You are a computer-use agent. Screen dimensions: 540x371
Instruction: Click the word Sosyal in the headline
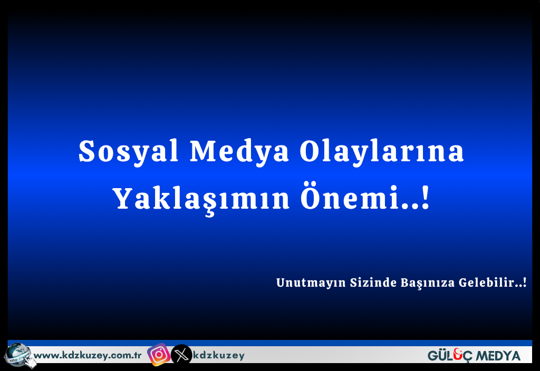pos(129,151)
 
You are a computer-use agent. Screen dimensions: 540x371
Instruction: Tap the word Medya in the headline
pos(239,151)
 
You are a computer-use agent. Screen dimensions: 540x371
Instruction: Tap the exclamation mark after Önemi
pos(426,197)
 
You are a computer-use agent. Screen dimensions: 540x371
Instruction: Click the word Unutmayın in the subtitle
pos(311,282)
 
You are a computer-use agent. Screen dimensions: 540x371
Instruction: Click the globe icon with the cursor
pos(20,356)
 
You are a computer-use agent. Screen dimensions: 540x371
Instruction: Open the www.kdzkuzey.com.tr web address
pos(88,356)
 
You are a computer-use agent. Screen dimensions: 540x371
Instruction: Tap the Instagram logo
pos(159,355)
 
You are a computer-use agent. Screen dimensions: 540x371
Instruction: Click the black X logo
pos(181,355)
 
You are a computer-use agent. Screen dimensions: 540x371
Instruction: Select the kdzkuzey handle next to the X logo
pos(219,356)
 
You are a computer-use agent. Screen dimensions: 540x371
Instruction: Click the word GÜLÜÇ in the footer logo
pos(449,356)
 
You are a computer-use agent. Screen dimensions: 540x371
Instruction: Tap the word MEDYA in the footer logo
pos(497,356)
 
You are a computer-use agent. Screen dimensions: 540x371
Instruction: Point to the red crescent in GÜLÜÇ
pos(458,351)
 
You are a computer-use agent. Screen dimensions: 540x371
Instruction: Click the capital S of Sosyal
pos(86,151)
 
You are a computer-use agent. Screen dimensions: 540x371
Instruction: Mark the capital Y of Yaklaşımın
pos(123,198)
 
